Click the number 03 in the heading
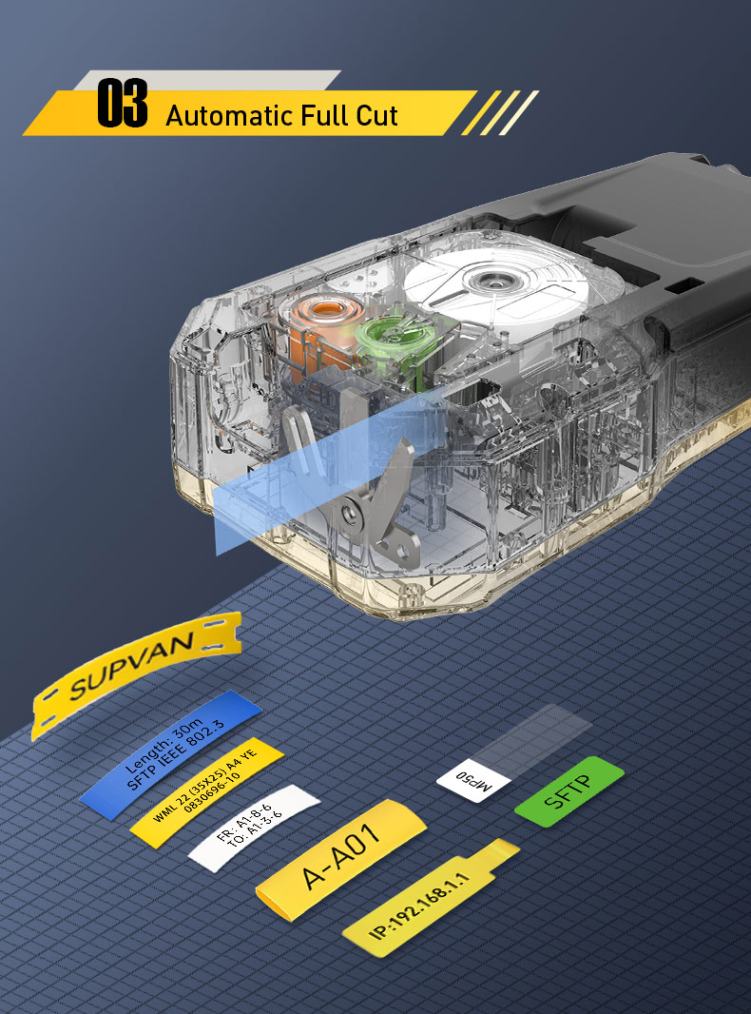123,106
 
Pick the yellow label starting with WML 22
206,791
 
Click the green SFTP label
568,790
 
